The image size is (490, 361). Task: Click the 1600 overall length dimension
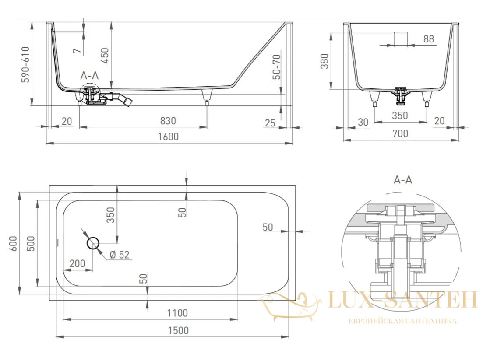[x=168, y=137]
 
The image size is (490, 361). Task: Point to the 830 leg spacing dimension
[x=168, y=121]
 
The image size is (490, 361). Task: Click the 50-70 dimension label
[x=277, y=67]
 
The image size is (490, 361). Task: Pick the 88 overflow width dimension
[x=429, y=39]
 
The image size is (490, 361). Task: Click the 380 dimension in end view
[x=324, y=61]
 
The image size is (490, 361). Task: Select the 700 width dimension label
[x=400, y=133]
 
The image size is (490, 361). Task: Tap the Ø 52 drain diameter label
[x=120, y=255]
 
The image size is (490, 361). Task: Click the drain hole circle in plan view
[x=93, y=243]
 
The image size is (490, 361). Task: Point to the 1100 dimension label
[x=177, y=313]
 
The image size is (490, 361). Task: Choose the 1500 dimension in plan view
[x=178, y=331]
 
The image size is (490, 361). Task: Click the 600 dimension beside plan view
[x=14, y=244]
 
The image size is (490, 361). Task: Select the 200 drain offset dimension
[x=77, y=263]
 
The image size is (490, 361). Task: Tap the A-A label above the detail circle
[x=403, y=180]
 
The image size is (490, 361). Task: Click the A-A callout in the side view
[x=89, y=76]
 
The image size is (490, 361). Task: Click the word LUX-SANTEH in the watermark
[x=402, y=300]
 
